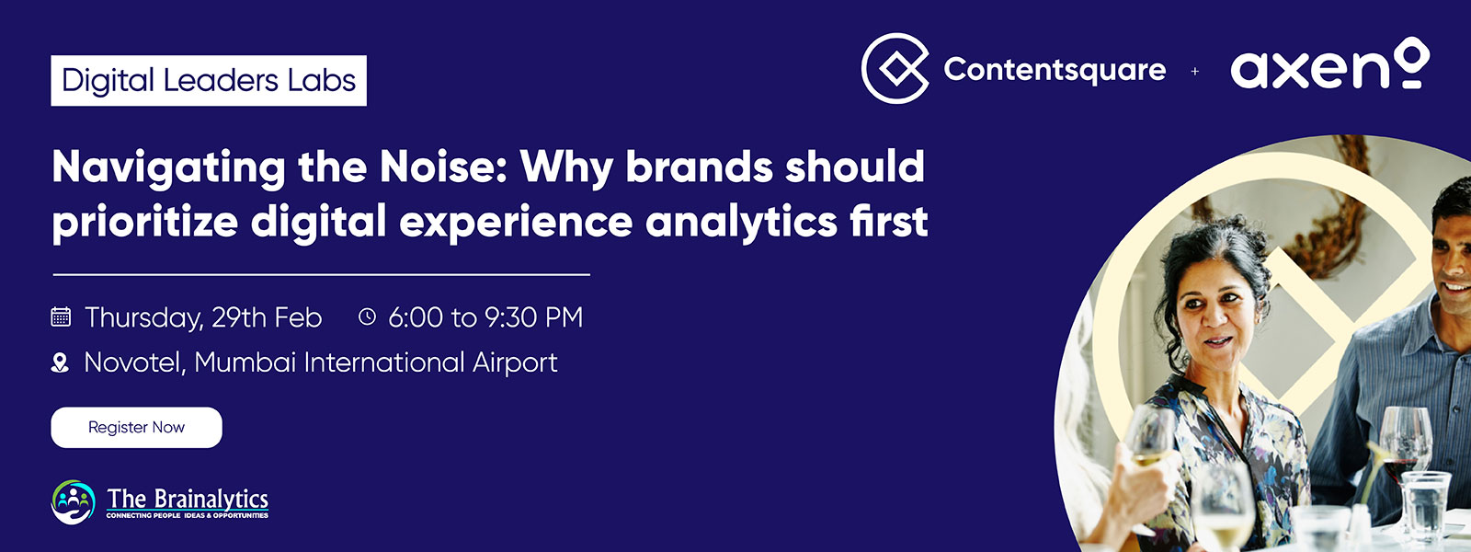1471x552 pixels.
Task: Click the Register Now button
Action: point(137,427)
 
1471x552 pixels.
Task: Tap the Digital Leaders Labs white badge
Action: point(209,80)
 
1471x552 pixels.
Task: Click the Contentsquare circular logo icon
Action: point(895,68)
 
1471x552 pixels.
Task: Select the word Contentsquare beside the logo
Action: point(1055,70)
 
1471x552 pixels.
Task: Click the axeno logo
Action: point(1329,64)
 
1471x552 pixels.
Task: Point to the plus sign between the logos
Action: point(1194,71)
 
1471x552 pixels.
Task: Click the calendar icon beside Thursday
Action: point(61,316)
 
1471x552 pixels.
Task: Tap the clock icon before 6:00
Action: point(367,316)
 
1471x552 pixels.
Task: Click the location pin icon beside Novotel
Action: point(60,362)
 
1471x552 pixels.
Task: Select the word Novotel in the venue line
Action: point(134,362)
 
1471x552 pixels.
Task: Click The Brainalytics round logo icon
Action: point(73,502)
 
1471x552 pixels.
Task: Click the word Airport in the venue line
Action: point(516,363)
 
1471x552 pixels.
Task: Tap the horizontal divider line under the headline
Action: point(321,275)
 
